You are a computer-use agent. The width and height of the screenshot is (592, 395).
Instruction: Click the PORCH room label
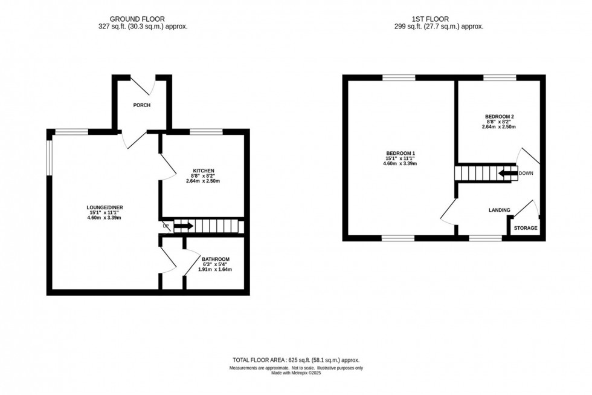142,105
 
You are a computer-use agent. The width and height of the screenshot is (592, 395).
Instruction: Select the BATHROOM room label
216,259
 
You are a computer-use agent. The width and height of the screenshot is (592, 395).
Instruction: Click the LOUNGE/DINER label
105,207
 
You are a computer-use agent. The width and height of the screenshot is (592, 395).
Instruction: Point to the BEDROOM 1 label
402,153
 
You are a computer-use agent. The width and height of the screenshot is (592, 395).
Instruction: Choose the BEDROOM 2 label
500,116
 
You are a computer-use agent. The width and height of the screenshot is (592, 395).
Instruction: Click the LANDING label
500,210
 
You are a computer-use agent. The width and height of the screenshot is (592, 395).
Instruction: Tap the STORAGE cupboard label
526,228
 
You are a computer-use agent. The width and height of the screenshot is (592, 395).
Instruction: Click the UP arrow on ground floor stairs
184,226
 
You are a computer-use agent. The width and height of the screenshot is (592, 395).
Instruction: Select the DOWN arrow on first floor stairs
508,174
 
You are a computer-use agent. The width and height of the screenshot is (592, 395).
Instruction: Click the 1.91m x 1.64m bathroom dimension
216,270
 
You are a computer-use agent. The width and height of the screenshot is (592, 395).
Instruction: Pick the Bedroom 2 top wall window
500,77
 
